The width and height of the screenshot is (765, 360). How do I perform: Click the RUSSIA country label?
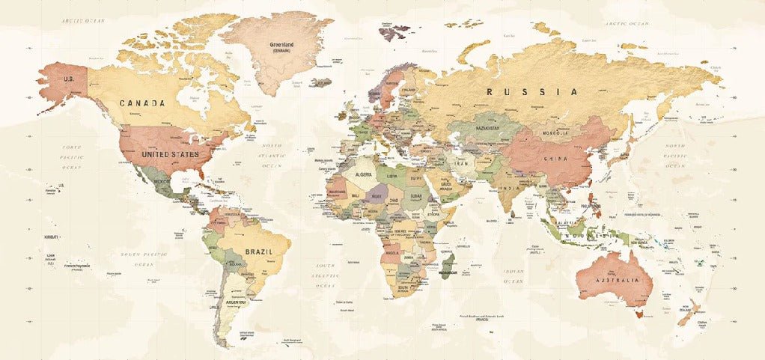tap(532, 92)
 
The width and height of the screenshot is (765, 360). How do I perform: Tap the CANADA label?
tap(142, 103)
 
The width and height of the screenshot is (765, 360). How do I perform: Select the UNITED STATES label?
tap(171, 154)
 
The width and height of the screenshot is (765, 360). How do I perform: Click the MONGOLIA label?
tap(555, 133)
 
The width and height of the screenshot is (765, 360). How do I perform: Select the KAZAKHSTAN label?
tap(491, 128)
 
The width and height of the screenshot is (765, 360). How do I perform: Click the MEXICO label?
tap(162, 182)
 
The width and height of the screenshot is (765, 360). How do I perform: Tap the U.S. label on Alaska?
tap(70, 79)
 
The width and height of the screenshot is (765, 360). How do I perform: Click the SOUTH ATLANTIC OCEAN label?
tap(326, 275)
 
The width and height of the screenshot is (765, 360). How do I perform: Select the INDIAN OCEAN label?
tap(513, 275)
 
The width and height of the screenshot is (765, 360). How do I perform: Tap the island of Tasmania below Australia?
tap(638, 314)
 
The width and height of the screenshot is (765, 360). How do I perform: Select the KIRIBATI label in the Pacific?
tap(52, 237)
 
